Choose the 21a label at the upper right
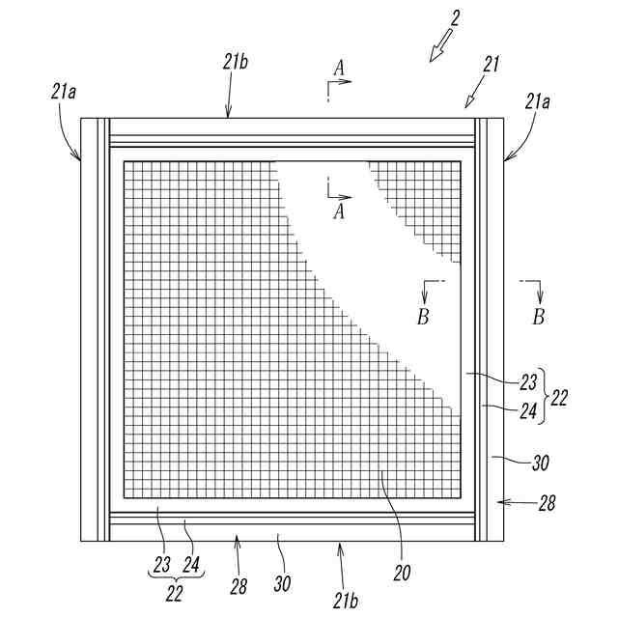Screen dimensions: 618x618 (539, 100)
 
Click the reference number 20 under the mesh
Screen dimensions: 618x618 (401, 572)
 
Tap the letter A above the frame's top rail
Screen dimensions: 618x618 (338, 67)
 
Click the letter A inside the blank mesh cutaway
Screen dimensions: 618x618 (338, 212)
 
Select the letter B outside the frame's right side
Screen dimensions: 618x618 (539, 315)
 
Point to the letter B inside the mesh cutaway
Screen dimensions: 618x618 (424, 315)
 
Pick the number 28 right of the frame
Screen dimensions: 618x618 (547, 502)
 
